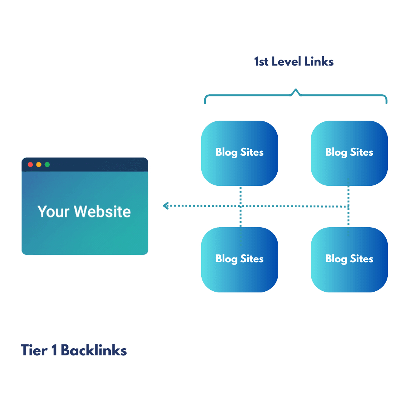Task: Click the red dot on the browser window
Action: [x=30, y=165]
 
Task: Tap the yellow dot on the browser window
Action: [x=38, y=165]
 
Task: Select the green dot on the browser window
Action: [x=47, y=165]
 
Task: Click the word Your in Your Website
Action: [x=53, y=211]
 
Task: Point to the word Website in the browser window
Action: [x=102, y=211]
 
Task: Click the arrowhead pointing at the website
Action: [x=165, y=206]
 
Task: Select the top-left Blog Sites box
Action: [x=240, y=153]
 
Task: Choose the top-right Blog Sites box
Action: [x=349, y=153]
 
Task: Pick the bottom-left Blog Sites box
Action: [x=240, y=260]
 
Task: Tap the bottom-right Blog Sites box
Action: [x=349, y=260]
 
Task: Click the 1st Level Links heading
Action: [x=294, y=61]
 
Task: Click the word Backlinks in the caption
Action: [x=94, y=350]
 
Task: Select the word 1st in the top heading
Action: [x=261, y=61]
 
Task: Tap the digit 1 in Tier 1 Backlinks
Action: [x=54, y=350]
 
